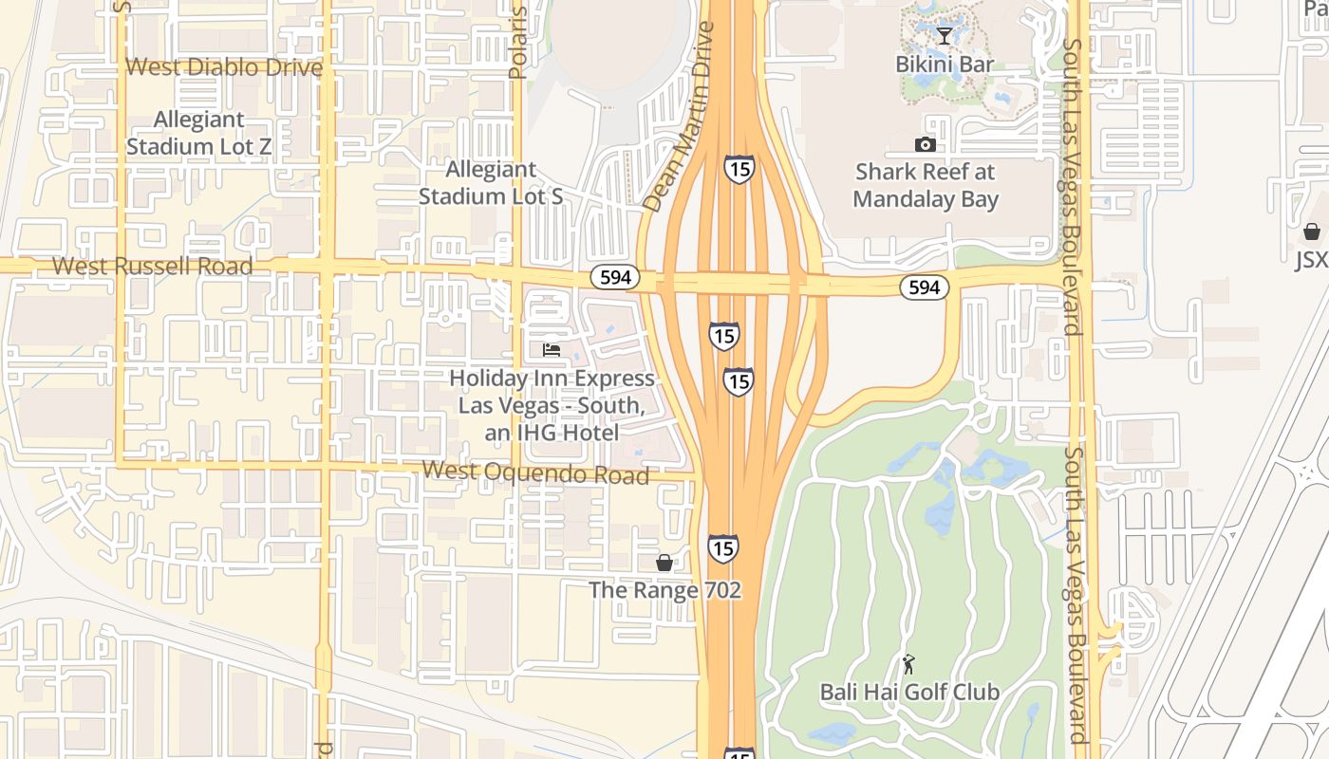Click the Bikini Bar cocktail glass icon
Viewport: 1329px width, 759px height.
point(944,36)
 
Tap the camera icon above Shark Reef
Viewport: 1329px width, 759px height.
point(925,144)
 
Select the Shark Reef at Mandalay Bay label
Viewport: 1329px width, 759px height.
point(926,186)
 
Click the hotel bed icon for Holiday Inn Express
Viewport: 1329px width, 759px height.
point(552,350)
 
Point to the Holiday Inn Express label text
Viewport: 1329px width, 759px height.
point(552,405)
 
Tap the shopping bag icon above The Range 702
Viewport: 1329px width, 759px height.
point(664,563)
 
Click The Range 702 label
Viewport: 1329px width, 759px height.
point(664,590)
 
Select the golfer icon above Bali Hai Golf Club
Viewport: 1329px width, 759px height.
point(908,664)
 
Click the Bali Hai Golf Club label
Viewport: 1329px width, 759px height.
point(909,693)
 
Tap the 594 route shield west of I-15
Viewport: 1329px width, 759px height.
point(615,277)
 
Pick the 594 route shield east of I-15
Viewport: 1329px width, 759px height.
point(924,287)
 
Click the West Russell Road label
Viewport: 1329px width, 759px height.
point(152,267)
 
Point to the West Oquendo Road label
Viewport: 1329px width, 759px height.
point(535,472)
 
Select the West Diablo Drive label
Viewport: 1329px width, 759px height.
point(224,67)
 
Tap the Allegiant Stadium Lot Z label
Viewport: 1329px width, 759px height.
point(198,134)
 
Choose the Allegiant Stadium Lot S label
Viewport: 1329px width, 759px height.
point(491,183)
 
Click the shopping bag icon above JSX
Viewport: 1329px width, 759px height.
point(1312,231)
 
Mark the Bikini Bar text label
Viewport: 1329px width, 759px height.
point(945,65)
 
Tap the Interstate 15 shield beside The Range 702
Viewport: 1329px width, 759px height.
point(723,548)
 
